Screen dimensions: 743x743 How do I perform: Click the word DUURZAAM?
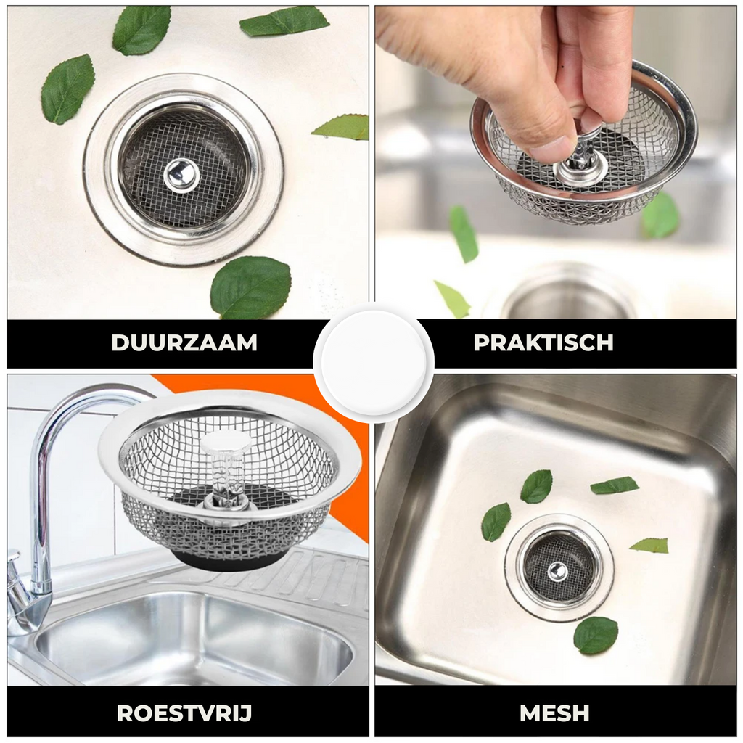(184, 342)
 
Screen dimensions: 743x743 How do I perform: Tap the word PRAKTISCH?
(543, 342)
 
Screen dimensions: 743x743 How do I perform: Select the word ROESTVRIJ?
(184, 713)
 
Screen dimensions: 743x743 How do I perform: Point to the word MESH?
(554, 713)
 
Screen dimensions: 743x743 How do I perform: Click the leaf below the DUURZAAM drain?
(250, 287)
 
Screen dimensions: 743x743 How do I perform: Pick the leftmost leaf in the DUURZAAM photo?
(67, 89)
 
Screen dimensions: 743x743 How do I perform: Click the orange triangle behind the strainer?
(332, 427)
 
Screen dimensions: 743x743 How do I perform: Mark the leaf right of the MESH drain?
(649, 546)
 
